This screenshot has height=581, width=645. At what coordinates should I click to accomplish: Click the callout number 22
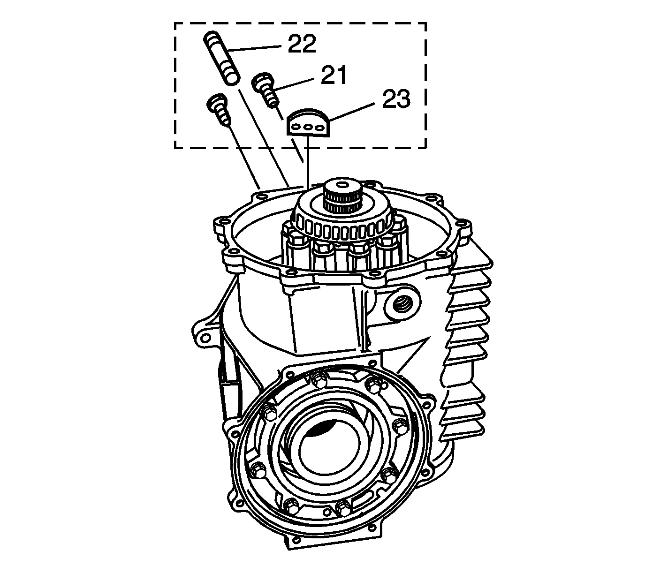pyautogui.click(x=302, y=44)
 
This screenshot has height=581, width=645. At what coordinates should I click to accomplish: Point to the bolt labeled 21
pyautogui.click(x=265, y=89)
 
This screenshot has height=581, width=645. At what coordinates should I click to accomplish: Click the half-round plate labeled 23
pyautogui.click(x=308, y=123)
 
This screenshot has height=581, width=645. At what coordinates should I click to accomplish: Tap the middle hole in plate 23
pyautogui.click(x=308, y=128)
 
